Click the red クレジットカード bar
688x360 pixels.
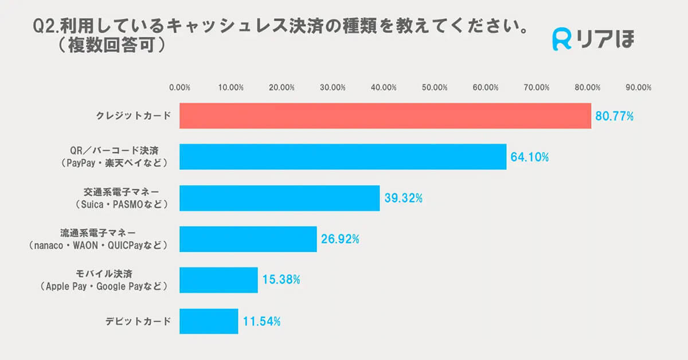click(x=385, y=116)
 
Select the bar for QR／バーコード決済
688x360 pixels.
click(x=343, y=157)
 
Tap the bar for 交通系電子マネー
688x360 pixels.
click(x=279, y=198)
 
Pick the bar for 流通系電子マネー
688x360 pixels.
click(x=248, y=239)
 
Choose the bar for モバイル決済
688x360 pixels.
click(x=218, y=280)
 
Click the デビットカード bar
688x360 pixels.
click(x=209, y=321)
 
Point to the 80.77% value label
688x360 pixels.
click(x=614, y=116)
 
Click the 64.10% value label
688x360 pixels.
click(x=529, y=158)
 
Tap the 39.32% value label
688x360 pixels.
click(x=403, y=199)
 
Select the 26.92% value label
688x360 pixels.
click(x=340, y=240)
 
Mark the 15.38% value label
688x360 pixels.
click(x=281, y=280)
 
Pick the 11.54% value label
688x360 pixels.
click(x=261, y=322)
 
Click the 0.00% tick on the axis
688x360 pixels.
click(x=180, y=88)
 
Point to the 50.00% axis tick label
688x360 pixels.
click(x=435, y=88)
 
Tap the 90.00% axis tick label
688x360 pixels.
click(x=639, y=88)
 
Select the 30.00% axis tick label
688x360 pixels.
click(x=333, y=88)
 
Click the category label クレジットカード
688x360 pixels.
click(x=134, y=116)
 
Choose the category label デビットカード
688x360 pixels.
click(x=138, y=321)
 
